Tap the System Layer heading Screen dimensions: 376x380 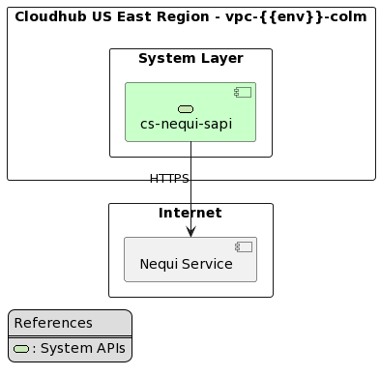(190, 59)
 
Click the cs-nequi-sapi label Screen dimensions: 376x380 (186, 124)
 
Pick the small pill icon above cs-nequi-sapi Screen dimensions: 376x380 (186, 108)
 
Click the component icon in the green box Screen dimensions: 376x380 (243, 93)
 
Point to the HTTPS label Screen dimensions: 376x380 (169, 179)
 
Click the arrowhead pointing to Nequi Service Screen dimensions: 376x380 (190, 230)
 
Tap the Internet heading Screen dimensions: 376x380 (190, 213)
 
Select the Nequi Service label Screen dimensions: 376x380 (186, 264)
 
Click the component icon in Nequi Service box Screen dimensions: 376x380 (244, 247)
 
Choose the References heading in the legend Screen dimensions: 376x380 (53, 323)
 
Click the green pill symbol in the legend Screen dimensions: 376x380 (21, 349)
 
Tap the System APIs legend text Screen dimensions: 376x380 (81, 349)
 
